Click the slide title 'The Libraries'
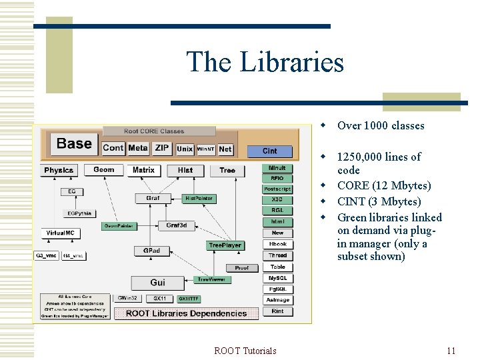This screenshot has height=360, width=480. tap(265, 62)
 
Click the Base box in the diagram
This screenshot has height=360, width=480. tap(74, 144)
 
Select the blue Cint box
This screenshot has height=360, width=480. tap(269, 151)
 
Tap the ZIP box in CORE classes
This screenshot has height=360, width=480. tap(162, 148)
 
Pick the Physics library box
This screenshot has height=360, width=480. tap(59, 171)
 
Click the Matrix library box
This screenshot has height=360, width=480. tap(143, 171)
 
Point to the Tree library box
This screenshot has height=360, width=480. tap(227, 171)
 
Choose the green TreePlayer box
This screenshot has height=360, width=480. tap(225, 245)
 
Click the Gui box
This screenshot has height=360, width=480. tap(157, 283)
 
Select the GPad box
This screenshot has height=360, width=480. tap(151, 251)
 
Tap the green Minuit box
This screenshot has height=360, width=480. tap(277, 168)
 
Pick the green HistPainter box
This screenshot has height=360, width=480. tap(199, 199)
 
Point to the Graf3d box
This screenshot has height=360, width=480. tap(177, 225)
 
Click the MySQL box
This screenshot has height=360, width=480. tap(277, 278)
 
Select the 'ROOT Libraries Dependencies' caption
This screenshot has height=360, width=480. tap(186, 313)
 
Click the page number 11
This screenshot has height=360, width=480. tap(451, 351)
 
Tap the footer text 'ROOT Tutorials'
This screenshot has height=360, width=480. tap(245, 351)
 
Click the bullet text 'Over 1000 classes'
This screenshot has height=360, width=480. tap(380, 126)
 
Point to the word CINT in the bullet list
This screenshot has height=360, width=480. tap(351, 201)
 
